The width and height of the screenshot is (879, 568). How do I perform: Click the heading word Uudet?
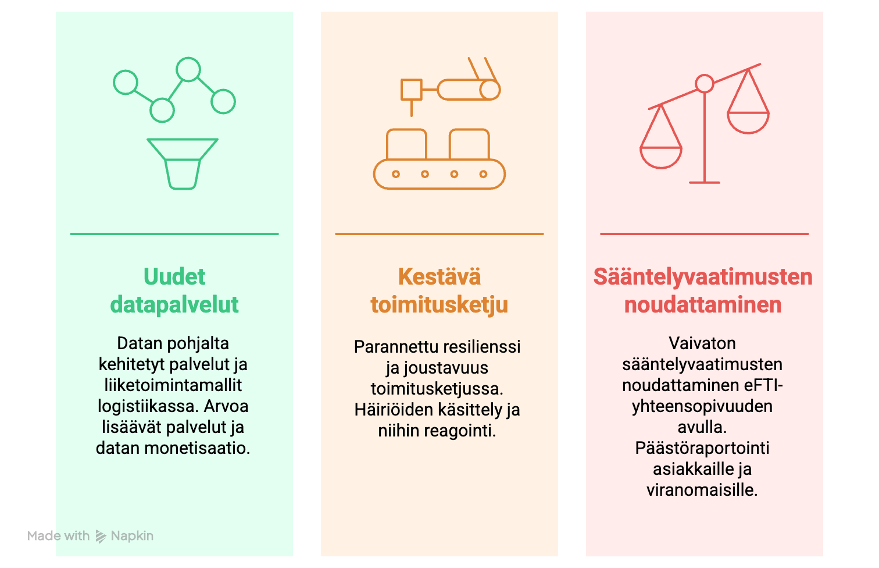coord(174,276)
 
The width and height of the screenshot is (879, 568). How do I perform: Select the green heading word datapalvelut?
coord(174,305)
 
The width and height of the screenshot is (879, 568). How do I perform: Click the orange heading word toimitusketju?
coord(439,305)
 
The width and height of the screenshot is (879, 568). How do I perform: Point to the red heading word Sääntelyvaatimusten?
coord(703,278)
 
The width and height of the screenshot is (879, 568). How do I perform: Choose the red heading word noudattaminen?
coord(703,305)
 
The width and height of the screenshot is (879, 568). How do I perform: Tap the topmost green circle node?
coord(188,69)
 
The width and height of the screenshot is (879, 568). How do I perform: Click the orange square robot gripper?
coord(411,90)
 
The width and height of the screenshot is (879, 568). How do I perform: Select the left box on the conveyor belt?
coord(406,144)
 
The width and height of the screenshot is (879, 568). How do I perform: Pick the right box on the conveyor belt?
coord(469,144)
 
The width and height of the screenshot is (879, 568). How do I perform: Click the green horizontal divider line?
coord(174,234)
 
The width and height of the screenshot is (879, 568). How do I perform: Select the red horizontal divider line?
coord(705,234)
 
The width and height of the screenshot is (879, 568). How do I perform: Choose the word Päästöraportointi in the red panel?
coord(702,448)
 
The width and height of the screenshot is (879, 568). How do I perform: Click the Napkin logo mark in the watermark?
coord(101,537)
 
